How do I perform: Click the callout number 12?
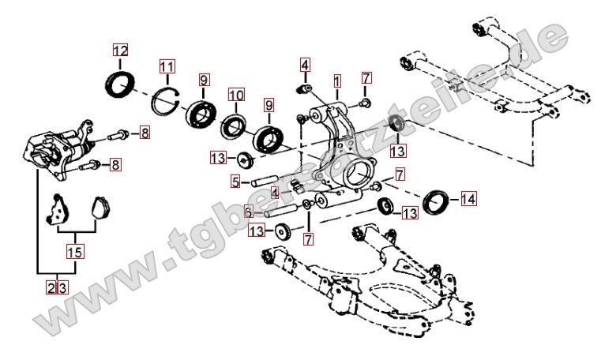pyautogui.click(x=119, y=51)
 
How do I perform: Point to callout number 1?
pyautogui.click(x=337, y=81)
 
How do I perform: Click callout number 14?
pyautogui.click(x=469, y=200)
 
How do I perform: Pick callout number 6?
pyautogui.click(x=248, y=212)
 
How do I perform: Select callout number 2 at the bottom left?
pyautogui.click(x=51, y=287)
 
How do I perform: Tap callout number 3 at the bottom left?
pyautogui.click(x=62, y=287)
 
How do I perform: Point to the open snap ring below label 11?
pyautogui.click(x=167, y=102)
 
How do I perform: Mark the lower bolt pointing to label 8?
pyautogui.click(x=93, y=165)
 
